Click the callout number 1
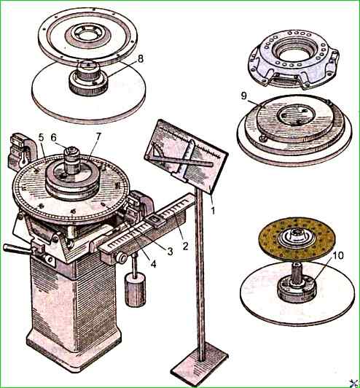tap(213, 211)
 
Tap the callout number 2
tap(185, 246)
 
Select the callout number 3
tap(170, 252)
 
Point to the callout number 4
tap(153, 264)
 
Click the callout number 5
tap(41, 138)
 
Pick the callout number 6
tap(54, 138)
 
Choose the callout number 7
tap(98, 136)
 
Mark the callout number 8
tap(141, 59)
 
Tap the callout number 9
tap(244, 96)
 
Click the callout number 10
tap(338, 255)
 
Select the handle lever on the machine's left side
tap(17, 249)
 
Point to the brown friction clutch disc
tap(296, 238)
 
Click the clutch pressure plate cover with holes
tap(294, 59)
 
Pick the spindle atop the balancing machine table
tap(72, 160)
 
